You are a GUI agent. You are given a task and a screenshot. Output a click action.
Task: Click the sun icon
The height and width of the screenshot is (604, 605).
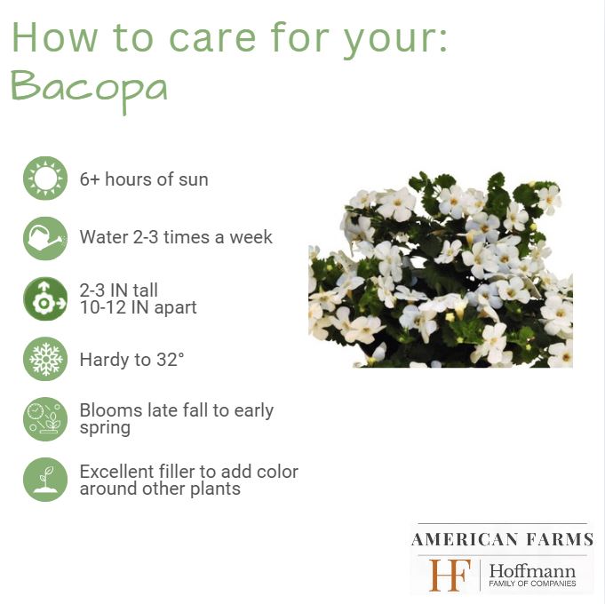[45, 179]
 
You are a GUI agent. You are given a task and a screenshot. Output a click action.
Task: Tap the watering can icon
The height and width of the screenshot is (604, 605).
[45, 238]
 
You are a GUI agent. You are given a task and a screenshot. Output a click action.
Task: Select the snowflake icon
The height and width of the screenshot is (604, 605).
[45, 359]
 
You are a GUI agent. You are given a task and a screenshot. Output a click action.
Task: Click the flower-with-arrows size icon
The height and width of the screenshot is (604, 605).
[45, 298]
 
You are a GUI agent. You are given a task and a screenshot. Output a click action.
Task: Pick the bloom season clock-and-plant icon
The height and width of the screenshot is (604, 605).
[45, 419]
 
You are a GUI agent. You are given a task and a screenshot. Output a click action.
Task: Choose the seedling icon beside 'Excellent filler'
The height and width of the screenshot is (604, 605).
[45, 480]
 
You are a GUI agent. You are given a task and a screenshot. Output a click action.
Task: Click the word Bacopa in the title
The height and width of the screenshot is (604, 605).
[89, 90]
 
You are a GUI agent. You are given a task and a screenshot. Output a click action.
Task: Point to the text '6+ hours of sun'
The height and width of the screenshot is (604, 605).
[144, 179]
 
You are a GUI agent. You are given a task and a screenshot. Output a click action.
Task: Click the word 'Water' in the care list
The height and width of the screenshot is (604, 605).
[103, 237]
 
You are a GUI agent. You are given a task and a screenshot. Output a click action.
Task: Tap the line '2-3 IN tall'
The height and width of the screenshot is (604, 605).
[119, 290]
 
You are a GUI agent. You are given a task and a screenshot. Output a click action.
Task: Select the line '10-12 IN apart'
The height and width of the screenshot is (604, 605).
[138, 307]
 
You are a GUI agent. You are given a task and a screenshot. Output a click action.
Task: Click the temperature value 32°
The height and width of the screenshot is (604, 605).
[171, 360]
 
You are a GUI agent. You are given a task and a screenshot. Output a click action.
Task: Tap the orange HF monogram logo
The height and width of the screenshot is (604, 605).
[450, 575]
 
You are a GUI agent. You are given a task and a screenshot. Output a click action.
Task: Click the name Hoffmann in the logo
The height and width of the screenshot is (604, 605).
[532, 571]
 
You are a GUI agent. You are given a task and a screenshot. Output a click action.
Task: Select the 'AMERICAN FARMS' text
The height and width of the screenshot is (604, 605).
[502, 539]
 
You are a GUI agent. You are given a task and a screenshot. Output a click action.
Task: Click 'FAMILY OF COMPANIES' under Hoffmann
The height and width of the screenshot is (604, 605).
[532, 584]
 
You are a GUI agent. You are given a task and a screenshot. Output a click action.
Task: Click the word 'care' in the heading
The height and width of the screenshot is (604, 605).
[212, 38]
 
